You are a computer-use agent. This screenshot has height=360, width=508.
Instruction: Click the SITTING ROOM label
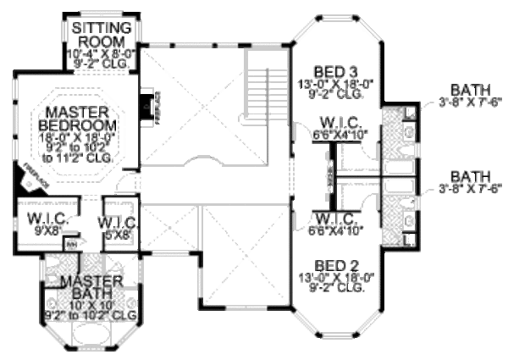103,34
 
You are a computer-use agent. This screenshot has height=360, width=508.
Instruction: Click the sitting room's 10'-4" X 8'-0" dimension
102,53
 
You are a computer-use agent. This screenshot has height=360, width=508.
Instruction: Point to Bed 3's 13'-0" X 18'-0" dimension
324,84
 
